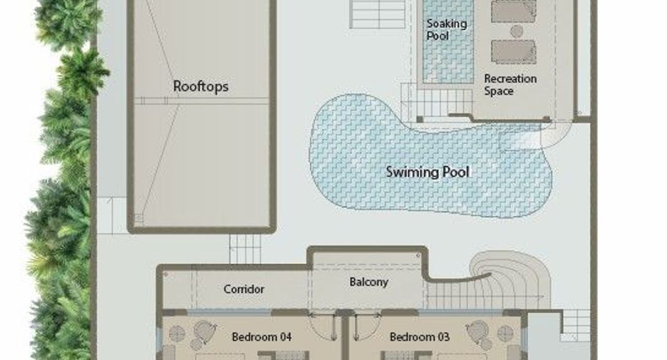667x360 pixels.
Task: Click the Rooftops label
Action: pos(201,86)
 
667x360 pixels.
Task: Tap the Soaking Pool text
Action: pos(447,29)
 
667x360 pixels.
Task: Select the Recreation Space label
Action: pos(510,85)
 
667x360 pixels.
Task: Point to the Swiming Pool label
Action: pos(428,172)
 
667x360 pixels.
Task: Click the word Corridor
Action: pos(244,289)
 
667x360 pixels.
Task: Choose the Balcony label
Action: pos(369,282)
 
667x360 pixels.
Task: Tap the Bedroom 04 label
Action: pos(262,337)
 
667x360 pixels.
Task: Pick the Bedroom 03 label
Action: pos(420,337)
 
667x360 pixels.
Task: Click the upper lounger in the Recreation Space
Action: pos(514,11)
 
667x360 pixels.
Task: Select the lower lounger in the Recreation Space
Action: pos(514,52)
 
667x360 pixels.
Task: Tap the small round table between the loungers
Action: pos(517,31)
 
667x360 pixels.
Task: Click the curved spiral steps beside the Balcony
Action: pos(510,274)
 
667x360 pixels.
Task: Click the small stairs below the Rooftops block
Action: pos(245,249)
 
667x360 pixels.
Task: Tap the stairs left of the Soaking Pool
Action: pos(377,14)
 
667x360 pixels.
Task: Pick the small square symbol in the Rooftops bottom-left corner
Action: pos(139,218)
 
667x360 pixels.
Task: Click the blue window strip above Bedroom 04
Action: pos(229,313)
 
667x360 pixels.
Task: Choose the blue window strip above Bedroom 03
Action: pos(460,313)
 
